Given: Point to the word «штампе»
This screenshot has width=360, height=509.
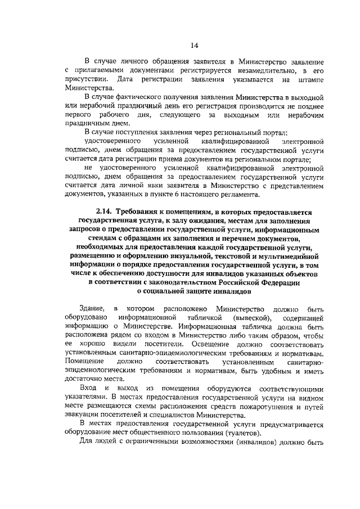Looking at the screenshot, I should [x=312, y=79].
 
